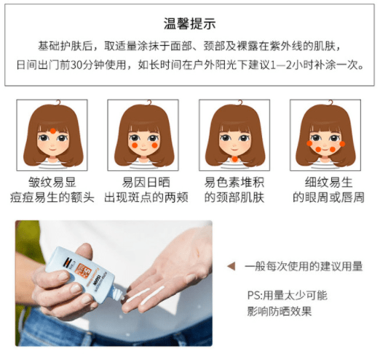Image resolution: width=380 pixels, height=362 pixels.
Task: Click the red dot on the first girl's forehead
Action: (51, 130)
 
